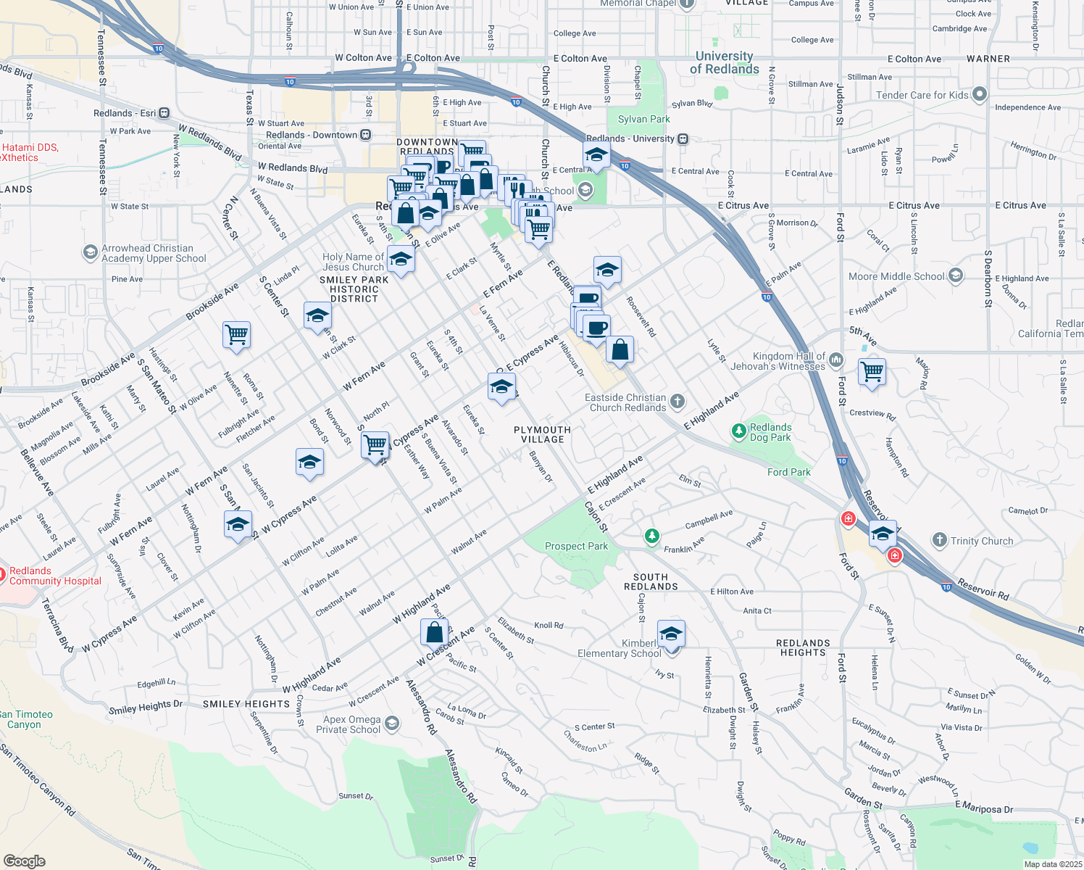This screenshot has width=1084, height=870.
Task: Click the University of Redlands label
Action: [x=724, y=63]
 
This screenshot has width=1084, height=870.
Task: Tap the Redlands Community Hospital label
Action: [x=55, y=576]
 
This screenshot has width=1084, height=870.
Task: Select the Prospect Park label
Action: [x=576, y=547]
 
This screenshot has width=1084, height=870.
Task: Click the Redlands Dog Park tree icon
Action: [x=738, y=432]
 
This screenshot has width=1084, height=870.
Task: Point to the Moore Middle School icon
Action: [x=956, y=275]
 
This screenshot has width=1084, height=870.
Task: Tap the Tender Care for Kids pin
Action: [x=980, y=94]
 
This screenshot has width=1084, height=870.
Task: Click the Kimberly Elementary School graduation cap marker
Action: [x=671, y=634]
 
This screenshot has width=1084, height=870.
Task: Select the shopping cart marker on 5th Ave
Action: [x=872, y=372]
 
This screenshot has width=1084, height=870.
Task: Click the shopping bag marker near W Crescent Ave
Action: [x=435, y=632]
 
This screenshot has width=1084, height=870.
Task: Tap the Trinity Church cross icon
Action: [x=940, y=540]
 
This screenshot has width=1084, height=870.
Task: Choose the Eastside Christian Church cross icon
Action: [x=677, y=401]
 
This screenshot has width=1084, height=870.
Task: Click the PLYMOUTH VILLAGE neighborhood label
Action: [x=542, y=434]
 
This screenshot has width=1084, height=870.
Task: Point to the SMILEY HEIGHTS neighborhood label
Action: [x=246, y=704]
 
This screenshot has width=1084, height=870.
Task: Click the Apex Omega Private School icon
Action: [x=392, y=724]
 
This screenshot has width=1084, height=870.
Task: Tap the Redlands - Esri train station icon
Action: [x=164, y=113]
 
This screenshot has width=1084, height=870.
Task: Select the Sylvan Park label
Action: [x=643, y=119]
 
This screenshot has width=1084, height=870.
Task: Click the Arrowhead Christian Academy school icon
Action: [x=91, y=252]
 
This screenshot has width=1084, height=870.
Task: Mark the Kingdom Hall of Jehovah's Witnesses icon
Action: [x=836, y=360]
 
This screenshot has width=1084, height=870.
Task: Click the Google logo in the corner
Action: [x=24, y=861]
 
